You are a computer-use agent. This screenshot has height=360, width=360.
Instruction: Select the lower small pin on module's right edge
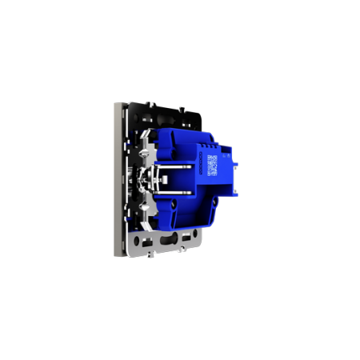[x=238, y=193]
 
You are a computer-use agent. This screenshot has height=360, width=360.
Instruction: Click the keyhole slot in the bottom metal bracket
[x=170, y=238]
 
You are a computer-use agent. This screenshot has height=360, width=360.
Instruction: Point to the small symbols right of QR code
[x=223, y=166]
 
